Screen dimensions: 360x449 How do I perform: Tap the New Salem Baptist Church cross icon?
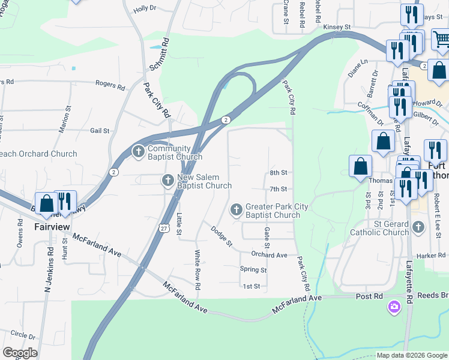(x=169, y=180)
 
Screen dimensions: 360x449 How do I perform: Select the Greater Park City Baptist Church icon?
(x=237, y=210)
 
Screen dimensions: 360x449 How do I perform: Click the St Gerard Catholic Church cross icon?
(x=419, y=227)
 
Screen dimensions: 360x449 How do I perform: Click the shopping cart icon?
(x=441, y=40)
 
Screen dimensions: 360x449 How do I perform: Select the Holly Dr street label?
(x=145, y=8)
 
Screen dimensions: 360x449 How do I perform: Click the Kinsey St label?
(x=337, y=27)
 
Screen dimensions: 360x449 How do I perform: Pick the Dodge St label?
(x=221, y=235)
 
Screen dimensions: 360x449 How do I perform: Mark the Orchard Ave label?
(x=269, y=255)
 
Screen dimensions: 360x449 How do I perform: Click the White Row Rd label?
(x=196, y=269)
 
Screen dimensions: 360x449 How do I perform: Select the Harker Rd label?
(x=431, y=255)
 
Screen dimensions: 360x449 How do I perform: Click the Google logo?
(x=20, y=353)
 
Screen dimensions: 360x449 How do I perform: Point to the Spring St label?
(x=253, y=269)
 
